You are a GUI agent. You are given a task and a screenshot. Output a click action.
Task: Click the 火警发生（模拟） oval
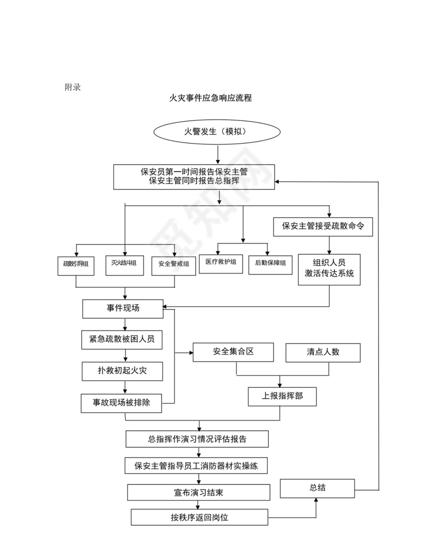(x=217, y=132)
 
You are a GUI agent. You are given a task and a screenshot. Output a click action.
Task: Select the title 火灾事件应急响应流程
(x=210, y=98)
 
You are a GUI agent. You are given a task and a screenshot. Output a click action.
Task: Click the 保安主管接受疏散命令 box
(x=323, y=226)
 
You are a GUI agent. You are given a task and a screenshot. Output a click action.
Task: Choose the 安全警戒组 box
(x=173, y=264)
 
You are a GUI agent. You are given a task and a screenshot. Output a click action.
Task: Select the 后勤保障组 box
(x=270, y=263)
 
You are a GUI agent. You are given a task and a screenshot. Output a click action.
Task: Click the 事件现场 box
(x=123, y=309)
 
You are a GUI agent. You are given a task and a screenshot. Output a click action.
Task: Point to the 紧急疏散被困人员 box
(x=122, y=339)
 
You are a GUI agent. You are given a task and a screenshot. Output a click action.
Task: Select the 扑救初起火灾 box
(x=122, y=371)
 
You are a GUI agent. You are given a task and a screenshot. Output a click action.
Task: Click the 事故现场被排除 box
(x=121, y=403)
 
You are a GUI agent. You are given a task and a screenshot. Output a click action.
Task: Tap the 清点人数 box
(x=323, y=353)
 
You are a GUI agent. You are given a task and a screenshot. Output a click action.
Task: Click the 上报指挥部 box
(x=282, y=396)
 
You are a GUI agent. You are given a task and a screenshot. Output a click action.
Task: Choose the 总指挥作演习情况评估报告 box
(x=197, y=439)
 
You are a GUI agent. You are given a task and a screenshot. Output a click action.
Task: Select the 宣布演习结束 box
(x=198, y=492)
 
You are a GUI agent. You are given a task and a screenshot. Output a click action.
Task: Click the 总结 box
(x=318, y=488)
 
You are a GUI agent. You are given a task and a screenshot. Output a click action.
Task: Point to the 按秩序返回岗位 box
(x=199, y=518)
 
